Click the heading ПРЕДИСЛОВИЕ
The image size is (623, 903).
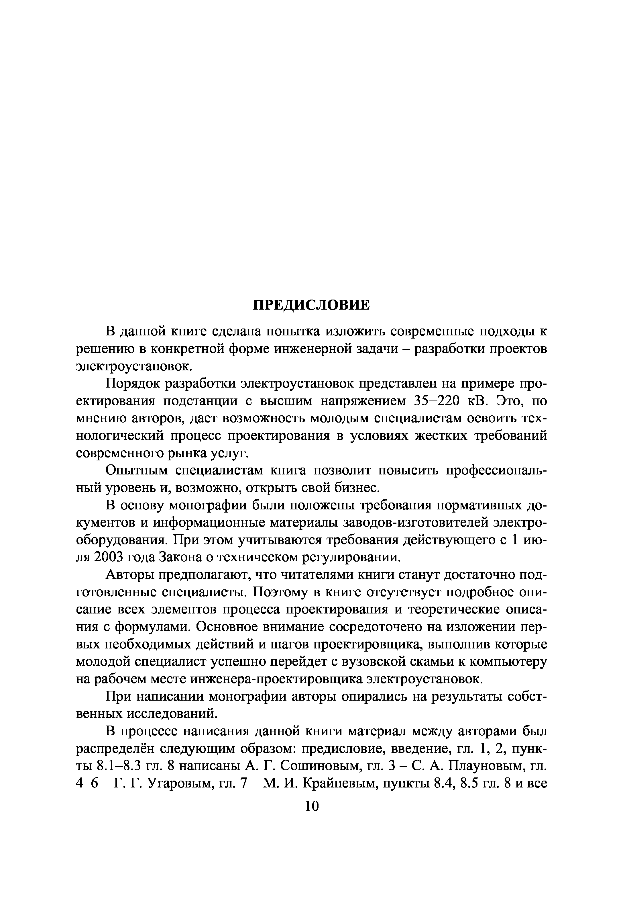(311, 305)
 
